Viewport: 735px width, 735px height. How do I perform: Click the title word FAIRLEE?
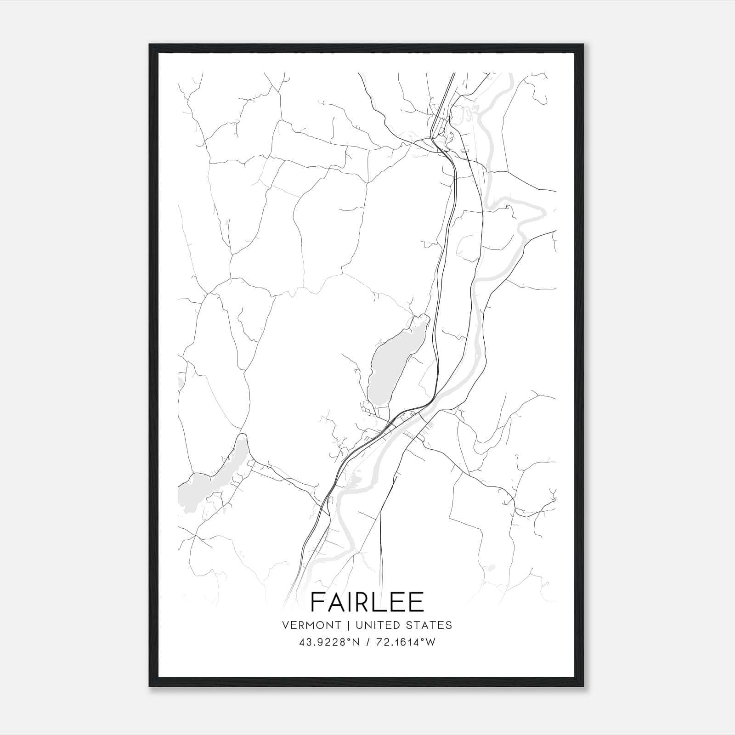367,602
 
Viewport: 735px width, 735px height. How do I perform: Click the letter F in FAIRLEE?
318,602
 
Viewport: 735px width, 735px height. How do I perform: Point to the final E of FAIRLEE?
415,602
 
